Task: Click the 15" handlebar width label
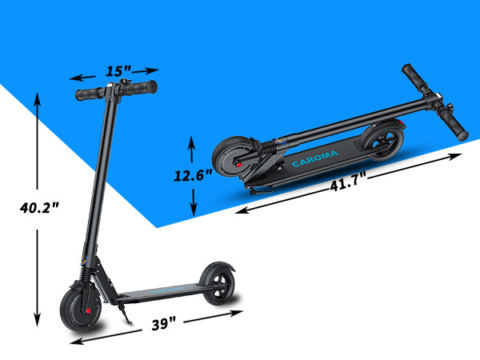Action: [x=118, y=71]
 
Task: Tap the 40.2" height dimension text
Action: [x=39, y=208]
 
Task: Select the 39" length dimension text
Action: [x=164, y=324]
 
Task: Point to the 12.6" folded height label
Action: [x=193, y=175]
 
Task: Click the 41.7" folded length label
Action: [x=348, y=184]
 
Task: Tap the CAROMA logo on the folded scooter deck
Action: [x=315, y=158]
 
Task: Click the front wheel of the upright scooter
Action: [x=80, y=309]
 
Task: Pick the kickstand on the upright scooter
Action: [x=125, y=313]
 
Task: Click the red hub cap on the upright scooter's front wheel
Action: [x=88, y=311]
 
